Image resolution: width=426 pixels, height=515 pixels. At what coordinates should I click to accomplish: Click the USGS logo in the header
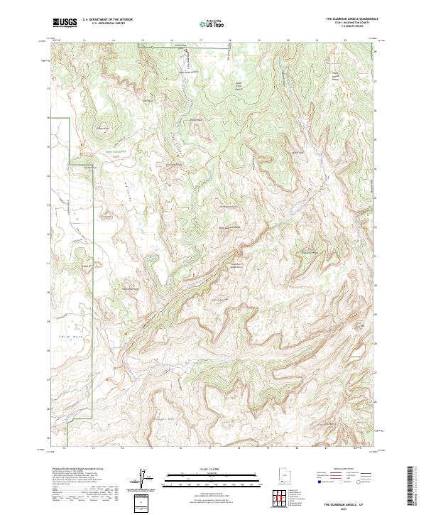(65, 23)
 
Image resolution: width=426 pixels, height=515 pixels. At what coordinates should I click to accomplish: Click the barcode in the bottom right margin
(414, 487)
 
